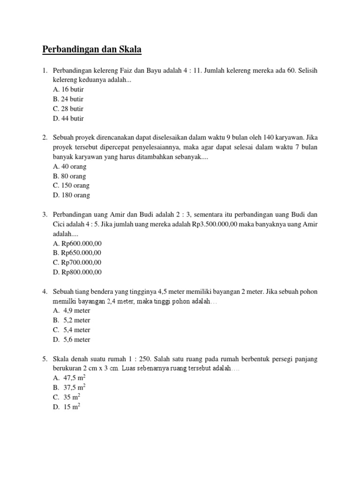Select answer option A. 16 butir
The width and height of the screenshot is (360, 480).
(68, 90)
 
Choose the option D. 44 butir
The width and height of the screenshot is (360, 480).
(68, 119)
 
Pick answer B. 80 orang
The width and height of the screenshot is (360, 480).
(70, 176)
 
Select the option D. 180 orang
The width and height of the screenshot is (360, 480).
(71, 195)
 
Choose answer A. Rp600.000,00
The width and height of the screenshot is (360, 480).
(77, 243)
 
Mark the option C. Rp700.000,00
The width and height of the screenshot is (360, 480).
(77, 262)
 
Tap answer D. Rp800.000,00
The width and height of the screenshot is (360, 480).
(77, 272)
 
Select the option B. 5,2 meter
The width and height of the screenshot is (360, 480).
(72, 320)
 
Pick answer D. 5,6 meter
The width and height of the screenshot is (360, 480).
(72, 339)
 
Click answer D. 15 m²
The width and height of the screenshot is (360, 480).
(67, 407)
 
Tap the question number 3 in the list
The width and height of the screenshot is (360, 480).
(45, 215)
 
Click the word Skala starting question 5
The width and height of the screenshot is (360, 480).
(61, 359)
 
